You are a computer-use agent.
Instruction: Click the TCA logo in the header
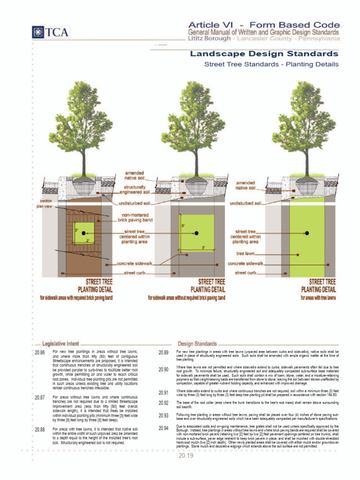pos(50,32)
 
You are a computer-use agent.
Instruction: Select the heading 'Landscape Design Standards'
pos(263,54)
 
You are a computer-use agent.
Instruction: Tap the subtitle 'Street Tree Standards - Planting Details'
pos(271,64)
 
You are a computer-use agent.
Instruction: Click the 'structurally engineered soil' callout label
pos(134,190)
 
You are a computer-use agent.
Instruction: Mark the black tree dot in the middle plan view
pos(196,233)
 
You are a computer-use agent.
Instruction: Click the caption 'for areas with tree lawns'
pos(318,297)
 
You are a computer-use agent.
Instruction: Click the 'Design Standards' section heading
pos(197,343)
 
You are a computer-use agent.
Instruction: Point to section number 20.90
pos(163,370)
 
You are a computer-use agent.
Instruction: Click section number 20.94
pos(163,428)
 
